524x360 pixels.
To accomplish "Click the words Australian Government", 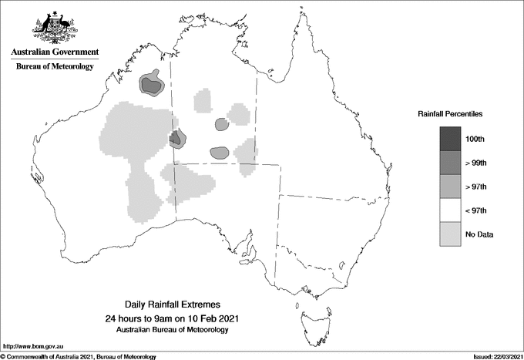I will coord(55,52).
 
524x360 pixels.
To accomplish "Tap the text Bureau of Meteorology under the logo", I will coord(55,67).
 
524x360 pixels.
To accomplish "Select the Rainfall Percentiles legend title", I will coord(450,113).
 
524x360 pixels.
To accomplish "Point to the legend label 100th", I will coord(475,139).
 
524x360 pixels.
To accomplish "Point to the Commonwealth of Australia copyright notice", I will coord(79,356).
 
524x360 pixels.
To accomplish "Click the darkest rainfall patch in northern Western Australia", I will coord(153,85).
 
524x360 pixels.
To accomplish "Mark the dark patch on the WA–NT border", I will coord(175,139).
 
